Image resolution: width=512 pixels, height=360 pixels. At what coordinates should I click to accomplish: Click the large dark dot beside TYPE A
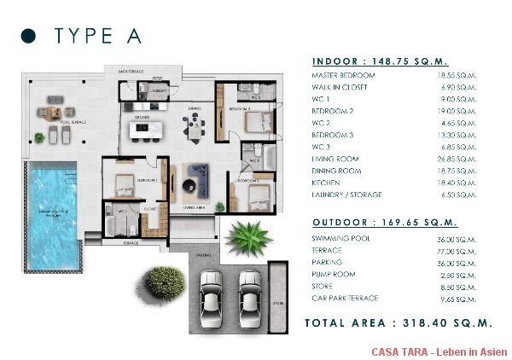pyautogui.click(x=29, y=36)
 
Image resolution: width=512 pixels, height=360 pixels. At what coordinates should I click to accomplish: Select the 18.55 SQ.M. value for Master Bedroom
pyautogui.click(x=459, y=76)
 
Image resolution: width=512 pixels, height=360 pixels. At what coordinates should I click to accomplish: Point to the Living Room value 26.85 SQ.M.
pyautogui.click(x=459, y=159)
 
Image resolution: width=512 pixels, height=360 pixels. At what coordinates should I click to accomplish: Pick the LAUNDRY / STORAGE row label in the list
pyautogui.click(x=346, y=195)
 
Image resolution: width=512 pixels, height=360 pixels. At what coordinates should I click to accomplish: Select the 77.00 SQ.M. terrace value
pyautogui.click(x=459, y=251)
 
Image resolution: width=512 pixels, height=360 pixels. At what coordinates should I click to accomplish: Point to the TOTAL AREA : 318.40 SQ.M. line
pyautogui.click(x=399, y=323)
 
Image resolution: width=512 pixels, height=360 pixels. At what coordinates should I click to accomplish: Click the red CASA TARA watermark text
pyautogui.click(x=439, y=351)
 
